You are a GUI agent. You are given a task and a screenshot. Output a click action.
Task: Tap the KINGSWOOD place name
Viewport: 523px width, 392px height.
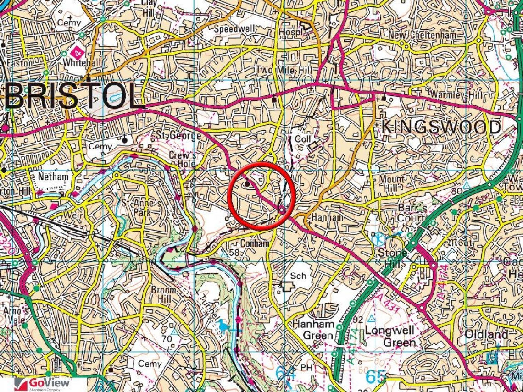click(x=441, y=127)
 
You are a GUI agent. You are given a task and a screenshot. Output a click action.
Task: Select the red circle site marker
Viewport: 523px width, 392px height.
click(x=260, y=194)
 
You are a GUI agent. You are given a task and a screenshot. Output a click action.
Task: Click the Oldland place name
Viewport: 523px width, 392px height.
click(x=486, y=334)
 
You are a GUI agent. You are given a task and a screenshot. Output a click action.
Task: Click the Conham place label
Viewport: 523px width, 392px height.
click(x=254, y=243)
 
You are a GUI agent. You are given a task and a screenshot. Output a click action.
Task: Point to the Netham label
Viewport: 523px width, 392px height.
click(x=53, y=176)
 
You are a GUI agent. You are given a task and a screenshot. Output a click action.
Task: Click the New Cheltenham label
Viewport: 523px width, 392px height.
click(x=422, y=35)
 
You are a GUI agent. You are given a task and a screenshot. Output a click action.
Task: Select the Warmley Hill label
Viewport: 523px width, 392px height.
click(x=455, y=94)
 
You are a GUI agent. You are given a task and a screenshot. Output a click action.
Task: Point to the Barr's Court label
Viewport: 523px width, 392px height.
click(x=412, y=213)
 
